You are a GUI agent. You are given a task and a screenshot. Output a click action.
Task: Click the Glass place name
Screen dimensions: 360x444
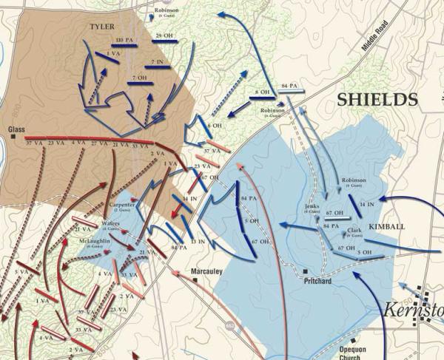click(x=16, y=129)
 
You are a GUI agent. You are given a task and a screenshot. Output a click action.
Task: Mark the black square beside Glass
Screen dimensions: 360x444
click(x=13, y=137)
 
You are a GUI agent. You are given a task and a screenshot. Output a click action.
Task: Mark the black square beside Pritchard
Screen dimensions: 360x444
click(x=305, y=271)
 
